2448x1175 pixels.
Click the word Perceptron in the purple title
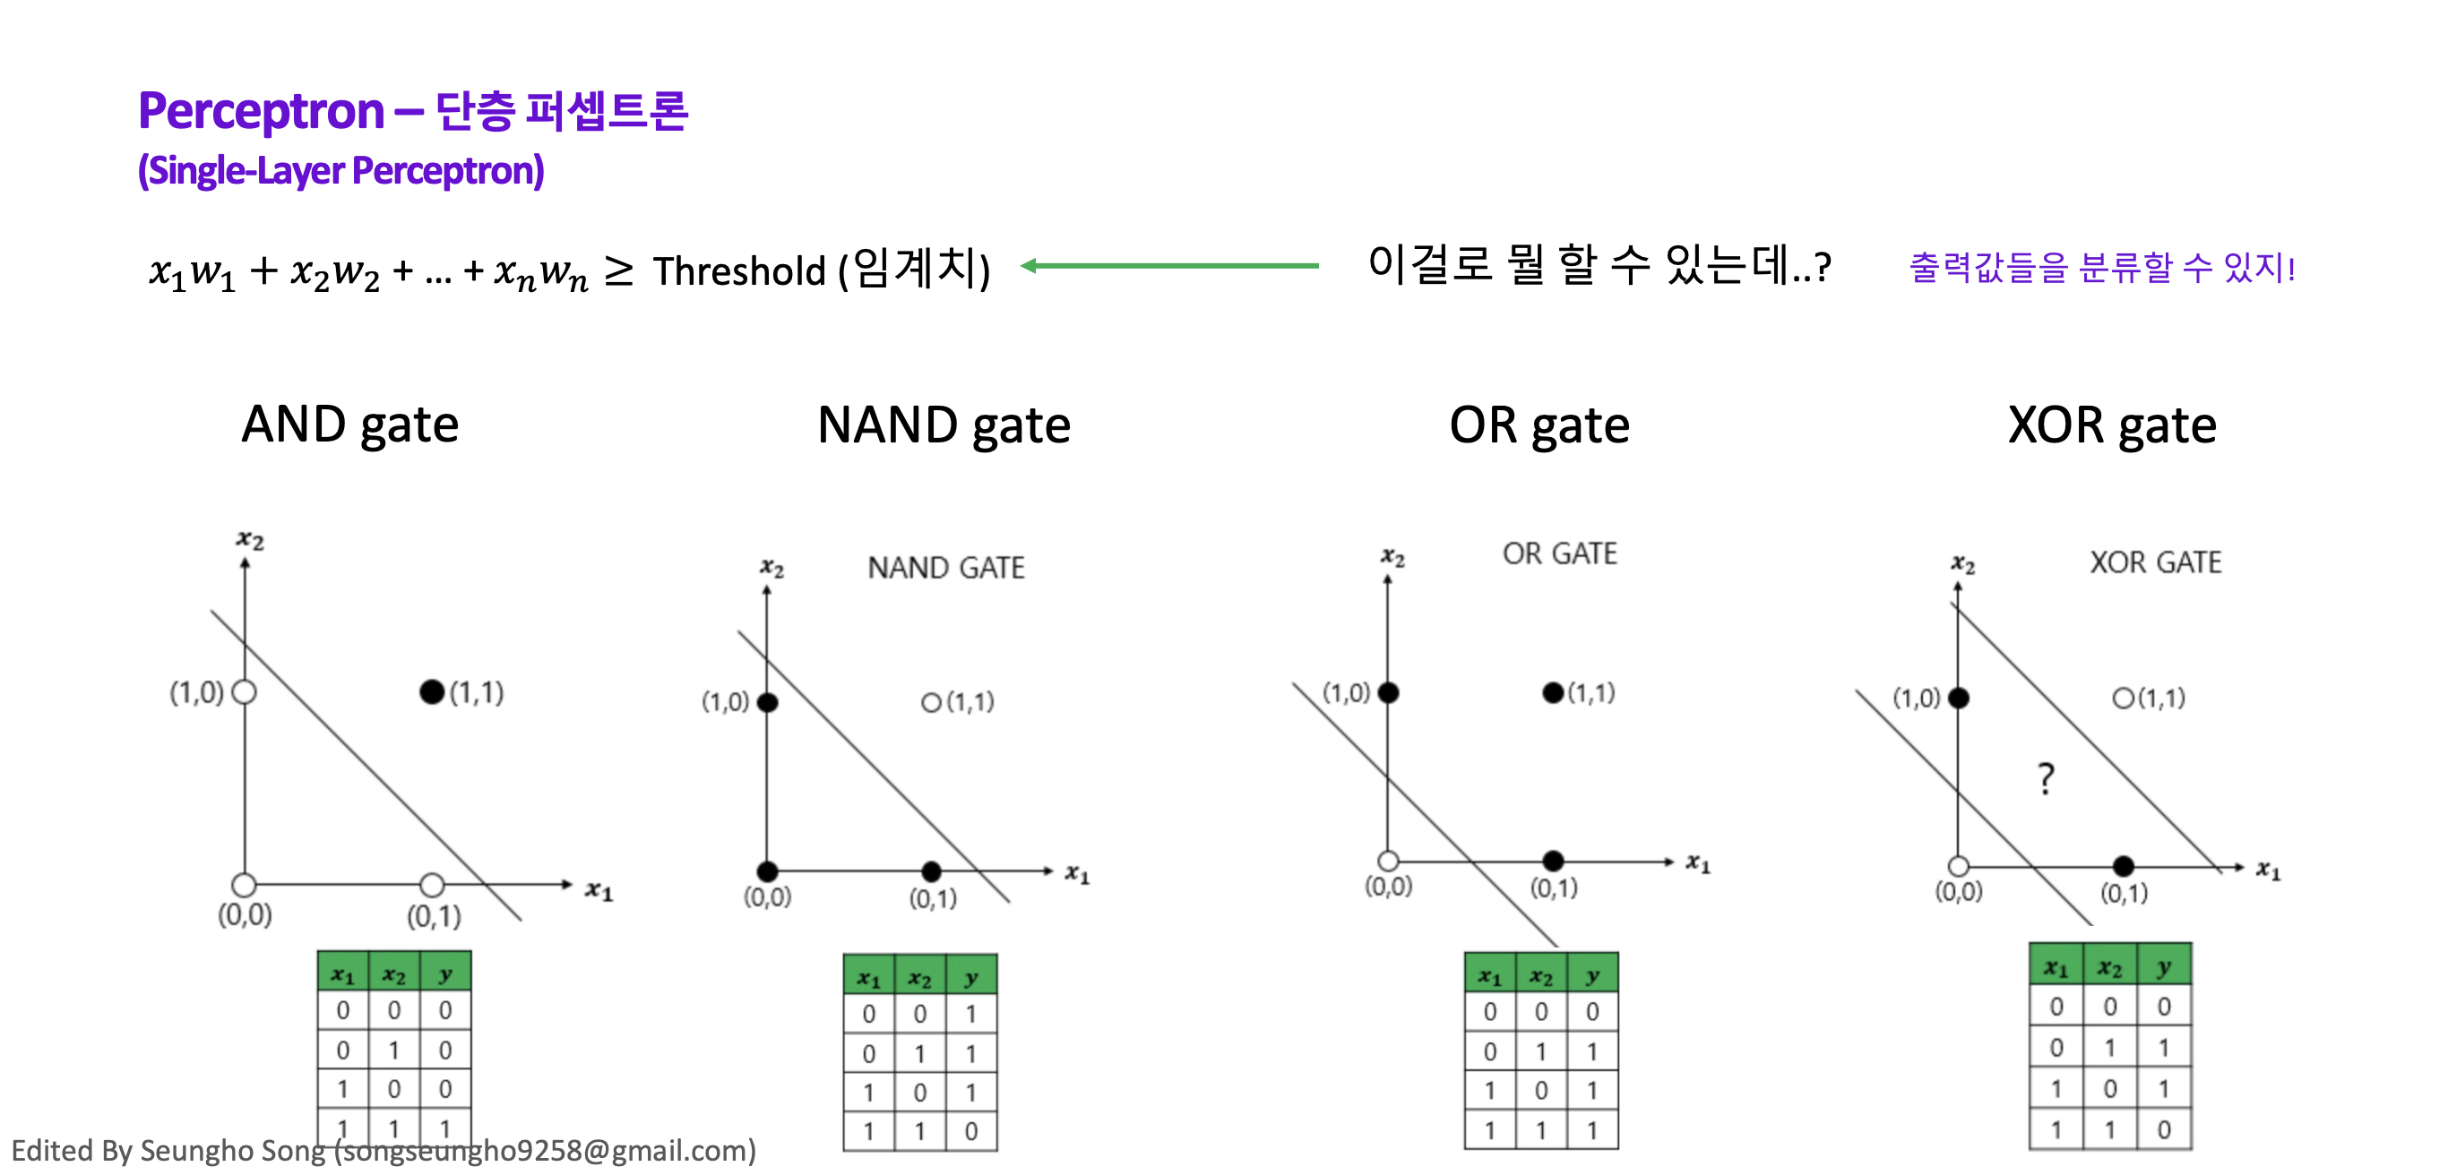[261, 111]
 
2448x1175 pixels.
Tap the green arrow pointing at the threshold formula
[1168, 266]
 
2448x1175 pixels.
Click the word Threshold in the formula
[739, 271]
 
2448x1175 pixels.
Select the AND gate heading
[349, 424]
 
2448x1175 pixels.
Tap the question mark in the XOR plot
[2046, 778]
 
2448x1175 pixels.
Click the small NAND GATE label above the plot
[945, 568]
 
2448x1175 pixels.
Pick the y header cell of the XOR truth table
[2164, 967]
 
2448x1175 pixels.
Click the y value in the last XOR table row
[2164, 1129]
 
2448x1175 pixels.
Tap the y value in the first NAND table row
[970, 1014]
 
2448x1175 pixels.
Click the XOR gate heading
[2112, 425]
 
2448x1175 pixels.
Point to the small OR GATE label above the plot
[1559, 553]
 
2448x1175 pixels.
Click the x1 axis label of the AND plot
[599, 890]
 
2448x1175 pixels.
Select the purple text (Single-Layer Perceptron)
[341, 171]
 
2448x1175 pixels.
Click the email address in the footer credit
[546, 1150]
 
